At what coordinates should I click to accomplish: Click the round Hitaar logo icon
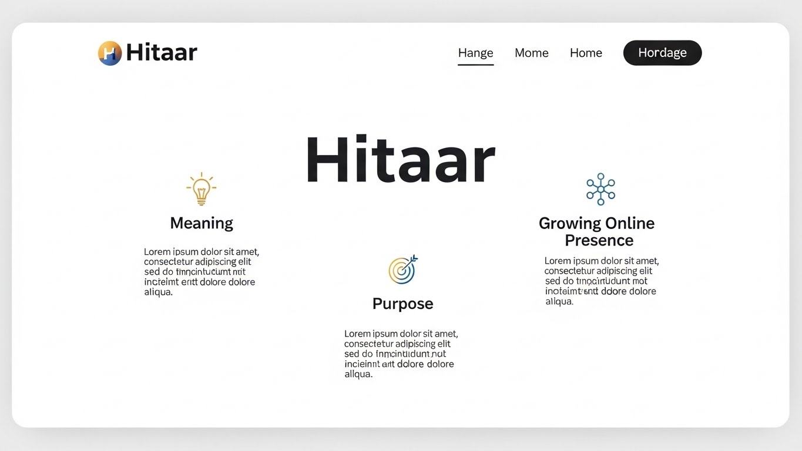coord(110,53)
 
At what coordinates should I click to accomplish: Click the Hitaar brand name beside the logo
coord(162,53)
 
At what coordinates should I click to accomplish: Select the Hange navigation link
coord(475,53)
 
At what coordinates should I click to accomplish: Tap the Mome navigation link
coord(531,53)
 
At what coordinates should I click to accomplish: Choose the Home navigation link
coord(586,53)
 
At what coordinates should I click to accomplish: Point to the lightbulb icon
coord(202,189)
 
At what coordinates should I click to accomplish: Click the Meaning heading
coord(202,223)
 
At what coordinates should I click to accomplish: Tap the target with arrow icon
coord(402,270)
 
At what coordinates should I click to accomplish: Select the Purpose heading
coord(402,304)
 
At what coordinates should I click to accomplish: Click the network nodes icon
coord(600,189)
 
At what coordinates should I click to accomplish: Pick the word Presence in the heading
coord(599,240)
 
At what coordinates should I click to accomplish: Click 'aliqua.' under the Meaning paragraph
coord(159,292)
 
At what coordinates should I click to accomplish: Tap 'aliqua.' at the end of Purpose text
coord(358,374)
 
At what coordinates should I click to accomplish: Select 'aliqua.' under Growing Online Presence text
coord(559,301)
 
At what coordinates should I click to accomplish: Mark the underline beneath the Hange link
coord(475,64)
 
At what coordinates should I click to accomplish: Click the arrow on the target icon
coord(411,260)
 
